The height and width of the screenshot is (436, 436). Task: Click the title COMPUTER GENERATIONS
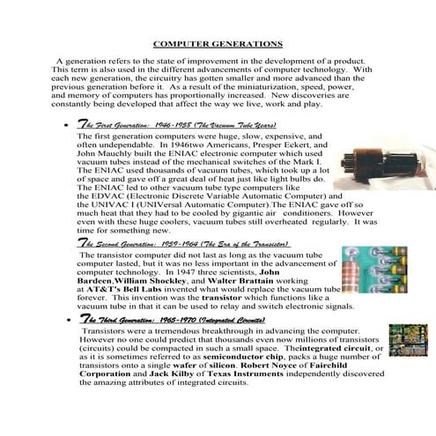(218, 42)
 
